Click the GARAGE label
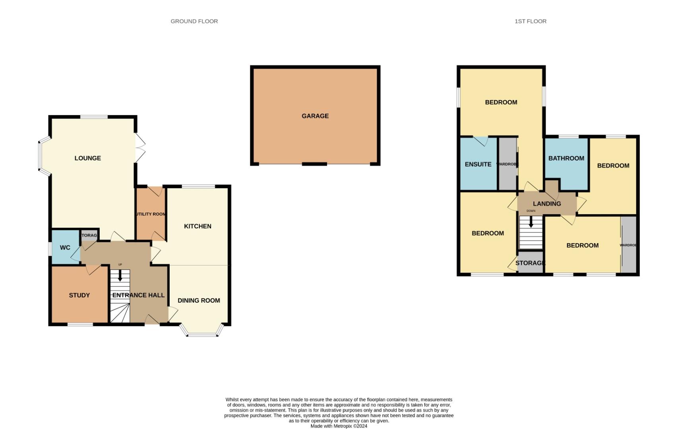(315, 116)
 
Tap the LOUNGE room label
(87, 158)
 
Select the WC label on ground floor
(65, 247)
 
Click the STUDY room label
(79, 295)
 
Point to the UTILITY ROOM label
(150, 214)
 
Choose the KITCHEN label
(198, 226)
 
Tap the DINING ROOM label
(199, 300)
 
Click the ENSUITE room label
(478, 164)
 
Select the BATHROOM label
(566, 158)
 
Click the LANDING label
(547, 203)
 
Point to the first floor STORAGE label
(530, 263)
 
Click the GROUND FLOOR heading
(194, 21)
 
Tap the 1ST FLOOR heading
(530, 21)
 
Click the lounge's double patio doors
(140, 148)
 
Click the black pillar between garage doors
(314, 164)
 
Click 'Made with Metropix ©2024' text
(339, 426)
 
